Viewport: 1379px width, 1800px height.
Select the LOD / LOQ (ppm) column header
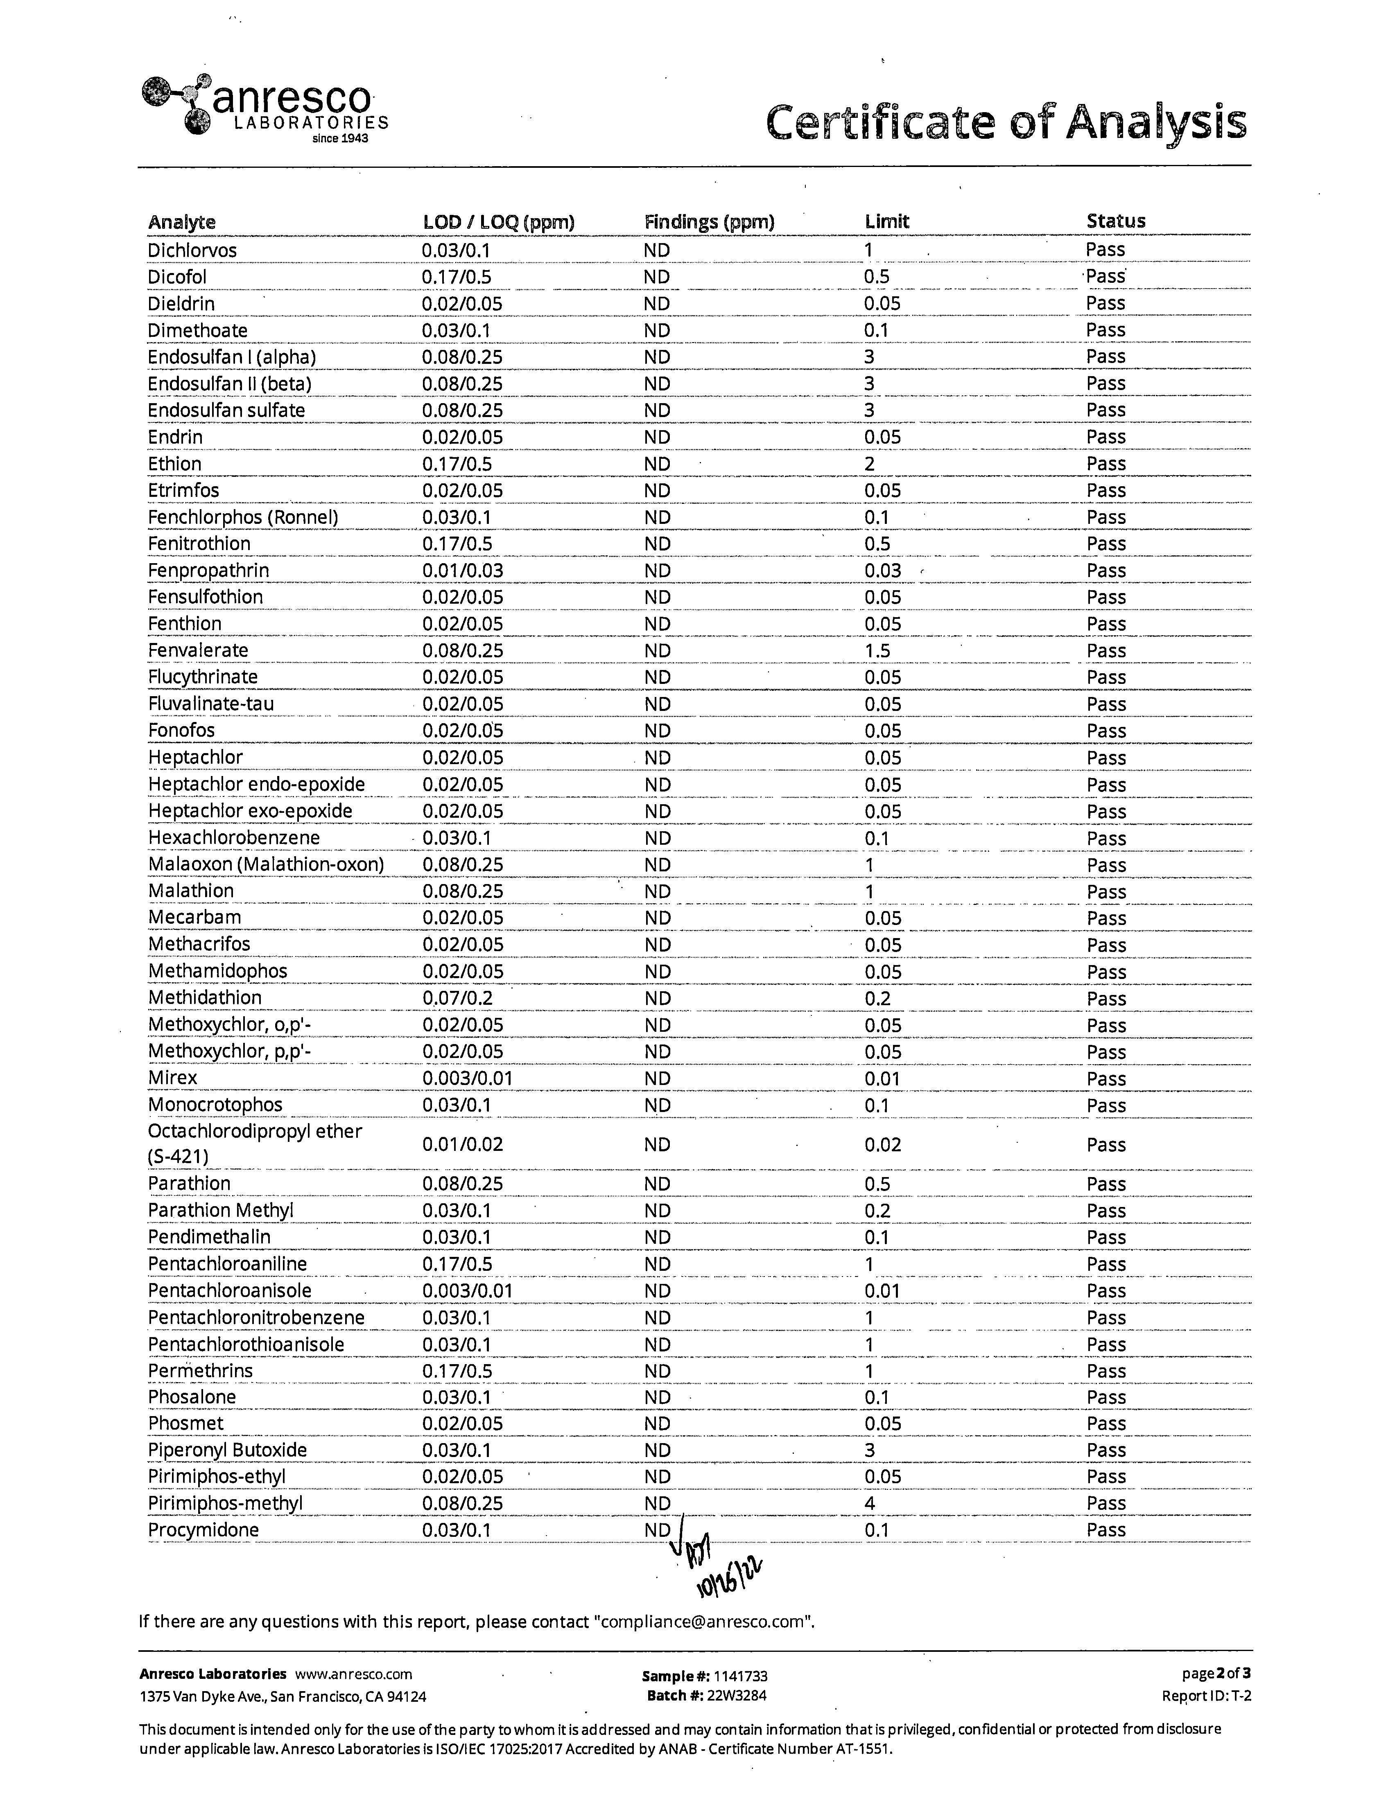click(x=498, y=221)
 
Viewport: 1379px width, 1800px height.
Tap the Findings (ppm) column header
click(x=709, y=221)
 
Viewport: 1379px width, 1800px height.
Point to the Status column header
click(x=1115, y=221)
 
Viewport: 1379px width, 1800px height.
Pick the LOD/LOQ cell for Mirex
click(x=467, y=1078)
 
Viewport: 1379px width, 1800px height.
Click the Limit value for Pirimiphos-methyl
click(x=869, y=1503)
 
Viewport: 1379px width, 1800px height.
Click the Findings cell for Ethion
click(x=657, y=464)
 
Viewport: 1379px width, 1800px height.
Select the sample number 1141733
click(x=740, y=1676)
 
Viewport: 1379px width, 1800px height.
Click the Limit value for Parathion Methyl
click(x=877, y=1211)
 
